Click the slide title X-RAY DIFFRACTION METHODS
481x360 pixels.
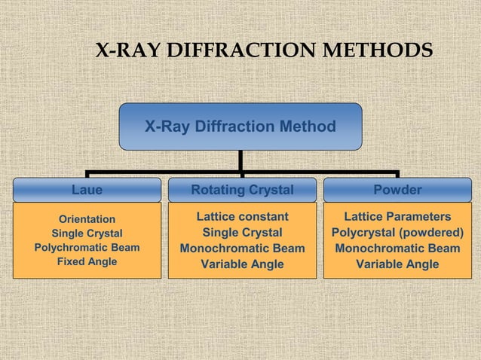point(264,51)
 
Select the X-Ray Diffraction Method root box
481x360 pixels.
point(240,127)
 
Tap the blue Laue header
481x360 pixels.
point(87,189)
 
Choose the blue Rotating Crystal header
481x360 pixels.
point(242,189)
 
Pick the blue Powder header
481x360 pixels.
point(397,189)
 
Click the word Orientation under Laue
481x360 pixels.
point(87,220)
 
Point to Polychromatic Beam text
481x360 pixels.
point(87,247)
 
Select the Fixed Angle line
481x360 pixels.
point(87,261)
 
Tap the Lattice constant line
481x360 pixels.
point(242,218)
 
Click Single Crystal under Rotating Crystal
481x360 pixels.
point(242,233)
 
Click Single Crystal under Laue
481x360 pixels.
point(87,233)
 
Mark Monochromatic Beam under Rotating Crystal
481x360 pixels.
point(242,249)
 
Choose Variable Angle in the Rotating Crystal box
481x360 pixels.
point(242,264)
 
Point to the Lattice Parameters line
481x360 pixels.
point(397,218)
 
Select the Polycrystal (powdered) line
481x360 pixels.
point(397,233)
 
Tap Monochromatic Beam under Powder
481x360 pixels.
point(397,249)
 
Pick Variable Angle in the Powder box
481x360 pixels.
point(397,264)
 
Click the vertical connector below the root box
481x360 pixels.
point(240,160)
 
